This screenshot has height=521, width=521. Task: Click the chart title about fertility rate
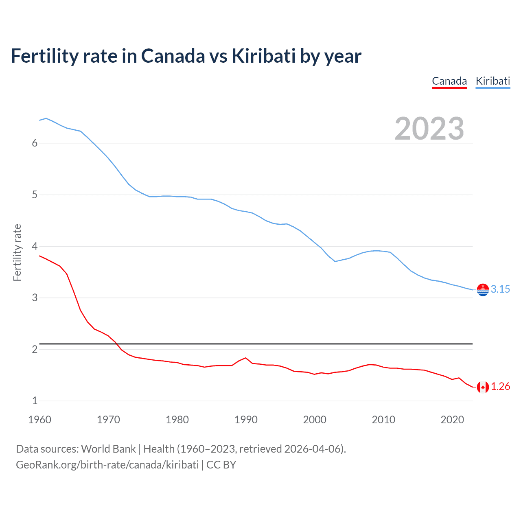186,56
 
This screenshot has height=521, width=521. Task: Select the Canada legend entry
449,81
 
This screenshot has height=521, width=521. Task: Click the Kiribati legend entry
493,81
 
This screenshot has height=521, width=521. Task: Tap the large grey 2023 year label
429,129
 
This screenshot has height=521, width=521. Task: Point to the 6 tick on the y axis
35,143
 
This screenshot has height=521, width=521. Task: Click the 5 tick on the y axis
35,195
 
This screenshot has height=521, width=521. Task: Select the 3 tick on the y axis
35,298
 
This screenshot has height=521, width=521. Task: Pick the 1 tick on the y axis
35,401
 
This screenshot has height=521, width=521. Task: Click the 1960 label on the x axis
39,420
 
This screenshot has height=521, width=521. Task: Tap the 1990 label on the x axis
246,420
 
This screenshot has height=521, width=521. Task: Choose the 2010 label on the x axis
383,420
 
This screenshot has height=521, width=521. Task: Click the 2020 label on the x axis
452,420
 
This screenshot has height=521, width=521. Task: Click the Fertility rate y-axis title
17,252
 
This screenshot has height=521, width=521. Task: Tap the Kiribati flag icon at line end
483,290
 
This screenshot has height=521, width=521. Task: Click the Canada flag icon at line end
483,387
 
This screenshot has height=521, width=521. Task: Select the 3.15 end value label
500,289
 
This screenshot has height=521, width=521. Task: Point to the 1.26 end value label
500,387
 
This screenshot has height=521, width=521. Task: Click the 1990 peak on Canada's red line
245,358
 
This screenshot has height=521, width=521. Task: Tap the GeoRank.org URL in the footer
107,465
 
